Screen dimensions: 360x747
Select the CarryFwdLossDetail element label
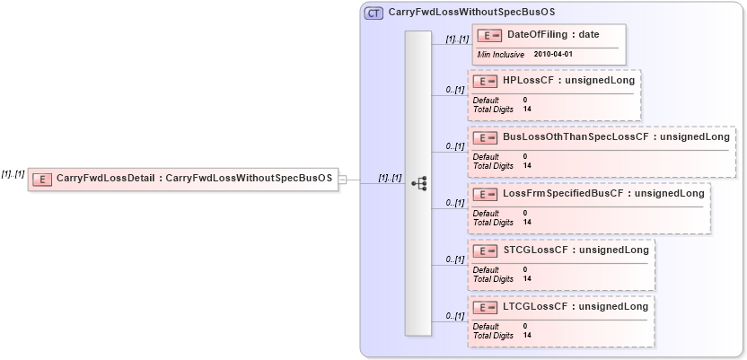click(x=194, y=179)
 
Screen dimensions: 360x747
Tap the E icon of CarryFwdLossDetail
click(x=41, y=180)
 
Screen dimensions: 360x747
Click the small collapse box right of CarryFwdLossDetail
click(x=342, y=180)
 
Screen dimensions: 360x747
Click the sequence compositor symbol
click(x=418, y=182)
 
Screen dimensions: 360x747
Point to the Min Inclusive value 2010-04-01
click(x=552, y=55)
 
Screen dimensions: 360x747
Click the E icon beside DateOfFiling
click(x=489, y=35)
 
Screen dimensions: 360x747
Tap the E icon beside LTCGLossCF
click(x=485, y=307)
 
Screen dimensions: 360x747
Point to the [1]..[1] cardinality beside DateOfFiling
click(x=457, y=40)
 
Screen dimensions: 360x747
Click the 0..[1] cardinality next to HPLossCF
click(x=455, y=90)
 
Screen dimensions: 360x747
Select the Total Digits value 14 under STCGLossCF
click(x=527, y=279)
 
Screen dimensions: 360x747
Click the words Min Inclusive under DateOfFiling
click(x=501, y=55)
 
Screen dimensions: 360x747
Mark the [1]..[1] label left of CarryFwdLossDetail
click(x=13, y=173)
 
